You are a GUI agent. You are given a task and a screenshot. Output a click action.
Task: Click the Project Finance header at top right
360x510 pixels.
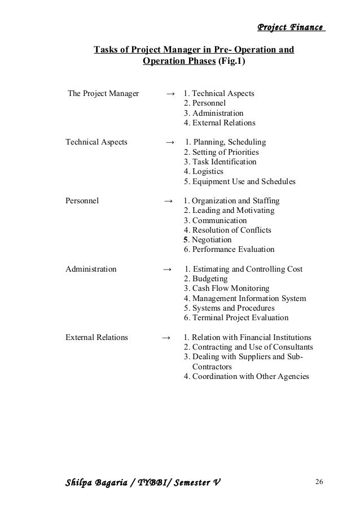click(x=291, y=27)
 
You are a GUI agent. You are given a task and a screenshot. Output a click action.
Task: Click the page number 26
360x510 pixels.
click(x=319, y=481)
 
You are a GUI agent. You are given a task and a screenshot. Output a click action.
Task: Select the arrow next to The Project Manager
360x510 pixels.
click(x=170, y=93)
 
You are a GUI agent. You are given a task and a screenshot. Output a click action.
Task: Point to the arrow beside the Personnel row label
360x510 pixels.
click(x=168, y=200)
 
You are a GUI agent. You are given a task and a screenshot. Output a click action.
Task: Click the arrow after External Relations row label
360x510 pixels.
click(x=166, y=338)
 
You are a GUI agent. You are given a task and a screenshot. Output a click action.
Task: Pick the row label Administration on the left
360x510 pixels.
click(x=91, y=269)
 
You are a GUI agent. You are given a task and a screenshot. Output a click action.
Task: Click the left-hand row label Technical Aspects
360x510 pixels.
click(x=96, y=142)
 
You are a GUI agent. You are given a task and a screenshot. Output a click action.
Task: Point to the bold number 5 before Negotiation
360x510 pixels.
click(x=186, y=239)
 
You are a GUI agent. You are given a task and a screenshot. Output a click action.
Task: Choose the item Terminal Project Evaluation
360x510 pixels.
click(x=236, y=318)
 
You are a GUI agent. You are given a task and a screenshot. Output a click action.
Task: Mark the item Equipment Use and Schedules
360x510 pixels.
click(x=239, y=182)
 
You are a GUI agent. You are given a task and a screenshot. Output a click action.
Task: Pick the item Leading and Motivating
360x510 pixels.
click(x=229, y=211)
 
